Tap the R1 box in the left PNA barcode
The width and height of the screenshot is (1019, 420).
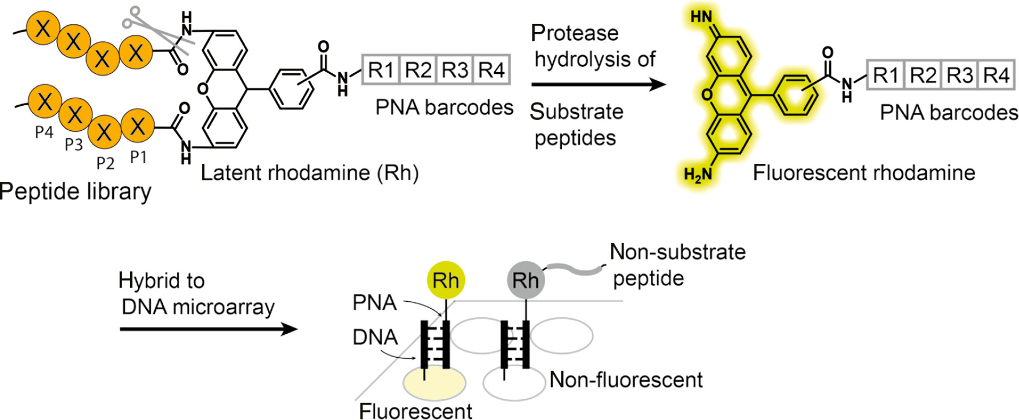pos(381,70)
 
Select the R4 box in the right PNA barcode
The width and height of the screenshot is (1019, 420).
pos(996,75)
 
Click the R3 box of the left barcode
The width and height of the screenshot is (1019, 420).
pos(454,70)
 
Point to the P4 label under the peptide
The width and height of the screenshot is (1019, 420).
pos(44,132)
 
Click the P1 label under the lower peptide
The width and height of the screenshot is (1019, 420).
pos(138,157)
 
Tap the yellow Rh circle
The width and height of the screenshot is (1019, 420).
pos(446,281)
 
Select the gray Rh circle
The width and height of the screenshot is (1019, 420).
pos(525,281)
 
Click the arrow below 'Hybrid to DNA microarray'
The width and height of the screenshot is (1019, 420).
pos(208,329)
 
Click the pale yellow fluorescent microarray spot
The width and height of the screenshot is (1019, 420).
pos(434,383)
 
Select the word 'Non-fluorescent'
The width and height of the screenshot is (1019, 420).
pos(626,380)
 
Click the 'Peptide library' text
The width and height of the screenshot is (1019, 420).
pos(75,192)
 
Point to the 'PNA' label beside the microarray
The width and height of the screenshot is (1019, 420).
pos(374,303)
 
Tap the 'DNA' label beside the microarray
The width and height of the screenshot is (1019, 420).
pos(375,338)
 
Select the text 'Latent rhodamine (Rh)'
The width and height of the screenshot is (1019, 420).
pos(310,173)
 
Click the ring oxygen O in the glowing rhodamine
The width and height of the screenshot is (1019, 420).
pos(707,95)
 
